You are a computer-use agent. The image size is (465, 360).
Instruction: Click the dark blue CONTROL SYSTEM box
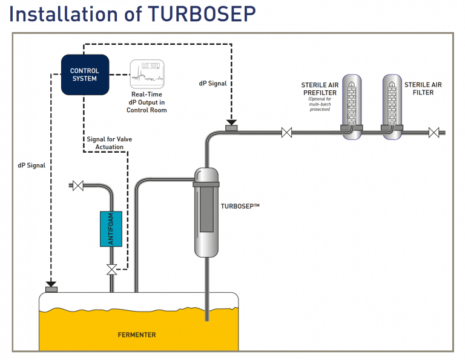tap(85, 75)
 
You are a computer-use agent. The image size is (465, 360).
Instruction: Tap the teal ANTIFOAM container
tap(111, 228)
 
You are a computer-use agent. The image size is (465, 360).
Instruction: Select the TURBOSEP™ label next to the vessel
tap(240, 207)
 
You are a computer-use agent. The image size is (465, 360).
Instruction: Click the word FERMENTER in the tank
tap(137, 335)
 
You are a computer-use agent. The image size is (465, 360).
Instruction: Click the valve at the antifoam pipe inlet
tap(77, 185)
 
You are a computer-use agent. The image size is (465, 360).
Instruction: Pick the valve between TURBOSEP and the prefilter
tap(288, 132)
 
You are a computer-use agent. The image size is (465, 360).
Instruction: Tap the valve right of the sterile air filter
tap(434, 132)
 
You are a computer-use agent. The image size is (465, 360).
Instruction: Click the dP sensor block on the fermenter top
tap(51, 288)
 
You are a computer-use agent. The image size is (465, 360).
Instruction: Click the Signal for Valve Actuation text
tap(110, 144)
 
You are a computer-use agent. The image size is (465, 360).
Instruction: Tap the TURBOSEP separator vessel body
tap(206, 212)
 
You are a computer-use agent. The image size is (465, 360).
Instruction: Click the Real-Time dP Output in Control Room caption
tap(147, 102)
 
